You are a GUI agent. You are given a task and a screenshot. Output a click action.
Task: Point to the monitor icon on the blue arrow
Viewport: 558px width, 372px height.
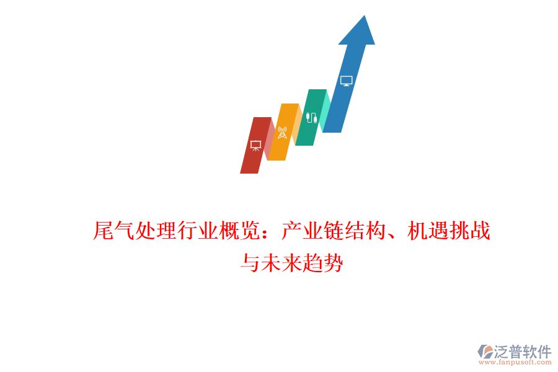coord(346,81)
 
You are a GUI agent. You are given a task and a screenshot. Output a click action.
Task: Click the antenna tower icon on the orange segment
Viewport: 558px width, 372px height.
coord(282,133)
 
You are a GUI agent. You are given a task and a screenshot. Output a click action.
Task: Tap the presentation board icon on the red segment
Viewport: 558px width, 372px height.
coord(255,145)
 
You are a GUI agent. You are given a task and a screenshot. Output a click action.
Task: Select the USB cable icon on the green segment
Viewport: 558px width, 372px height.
coord(311,118)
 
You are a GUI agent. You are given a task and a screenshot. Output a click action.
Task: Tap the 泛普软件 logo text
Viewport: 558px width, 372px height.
coord(523,352)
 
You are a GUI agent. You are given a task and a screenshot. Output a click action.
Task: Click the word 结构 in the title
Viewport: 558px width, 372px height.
coord(365,232)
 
